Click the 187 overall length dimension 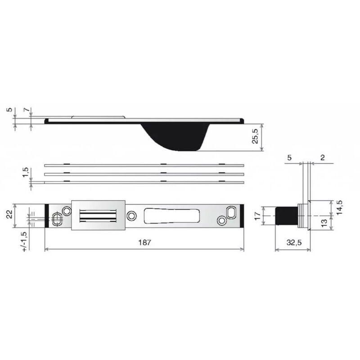pos(144,243)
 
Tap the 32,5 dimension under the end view pos(292,243)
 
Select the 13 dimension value pos(324,223)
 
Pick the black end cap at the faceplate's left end pos(47,216)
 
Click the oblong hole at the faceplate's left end pos(57,220)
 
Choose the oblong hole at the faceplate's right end pos(231,211)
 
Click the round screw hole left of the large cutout pos(131,216)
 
